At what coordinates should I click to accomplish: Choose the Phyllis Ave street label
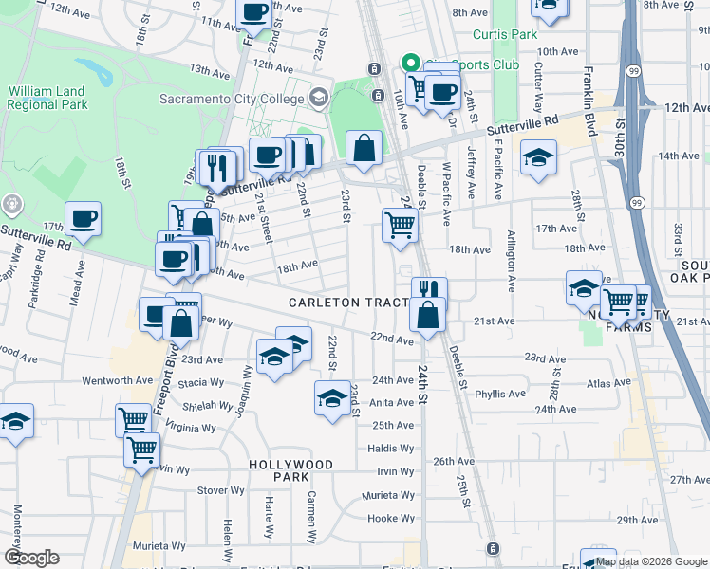[500, 394]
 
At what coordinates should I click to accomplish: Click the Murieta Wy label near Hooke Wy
[389, 495]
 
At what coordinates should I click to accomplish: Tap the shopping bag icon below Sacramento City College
[364, 147]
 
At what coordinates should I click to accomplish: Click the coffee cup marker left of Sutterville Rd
[83, 218]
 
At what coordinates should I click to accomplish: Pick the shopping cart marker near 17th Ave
[400, 226]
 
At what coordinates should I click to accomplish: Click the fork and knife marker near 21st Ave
[429, 289]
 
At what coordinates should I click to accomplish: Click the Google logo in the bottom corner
[31, 558]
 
